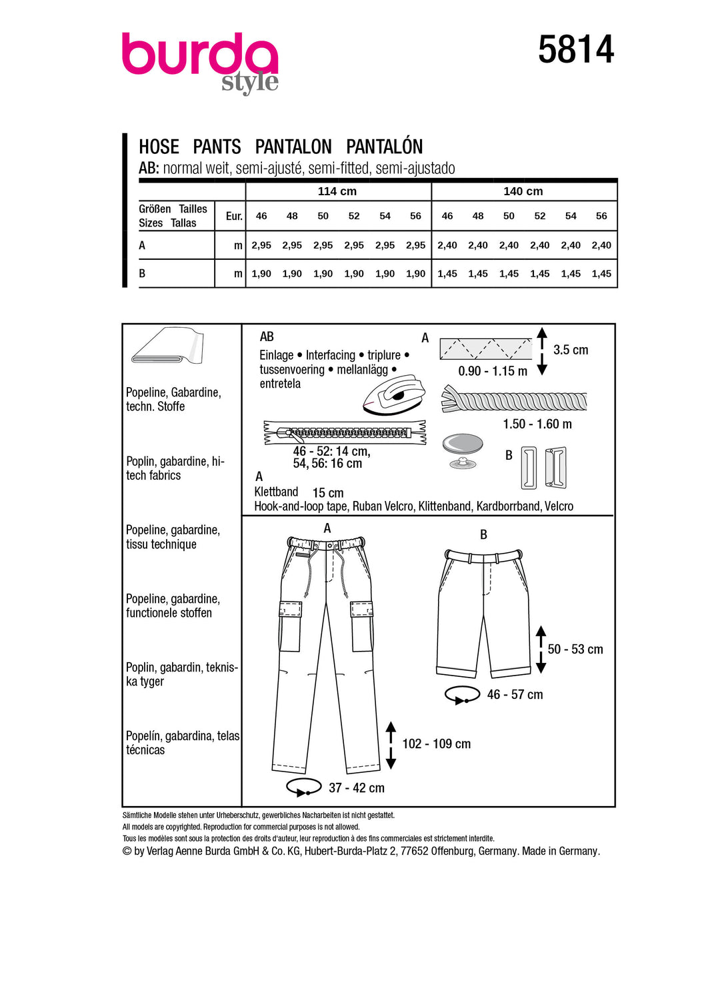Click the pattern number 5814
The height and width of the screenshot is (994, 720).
(576, 50)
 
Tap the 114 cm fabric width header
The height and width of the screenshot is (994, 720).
(337, 191)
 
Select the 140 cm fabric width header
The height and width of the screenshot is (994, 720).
(523, 191)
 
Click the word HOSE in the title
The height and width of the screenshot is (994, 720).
(159, 147)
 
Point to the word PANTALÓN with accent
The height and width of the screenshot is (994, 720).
(385, 147)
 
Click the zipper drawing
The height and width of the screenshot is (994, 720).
(345, 432)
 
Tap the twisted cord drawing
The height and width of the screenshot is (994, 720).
(514, 400)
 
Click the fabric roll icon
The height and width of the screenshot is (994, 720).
(167, 346)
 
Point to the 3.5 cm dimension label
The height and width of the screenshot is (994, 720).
(571, 350)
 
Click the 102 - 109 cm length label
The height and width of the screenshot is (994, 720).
(436, 744)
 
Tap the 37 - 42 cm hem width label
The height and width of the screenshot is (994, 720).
(356, 788)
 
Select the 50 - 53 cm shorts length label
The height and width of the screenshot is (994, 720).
(575, 649)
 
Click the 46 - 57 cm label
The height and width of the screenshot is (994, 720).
(515, 694)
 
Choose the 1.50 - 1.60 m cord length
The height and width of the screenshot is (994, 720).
(537, 424)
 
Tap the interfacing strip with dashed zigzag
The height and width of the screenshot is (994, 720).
(485, 348)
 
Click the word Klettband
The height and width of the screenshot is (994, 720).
(276, 492)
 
